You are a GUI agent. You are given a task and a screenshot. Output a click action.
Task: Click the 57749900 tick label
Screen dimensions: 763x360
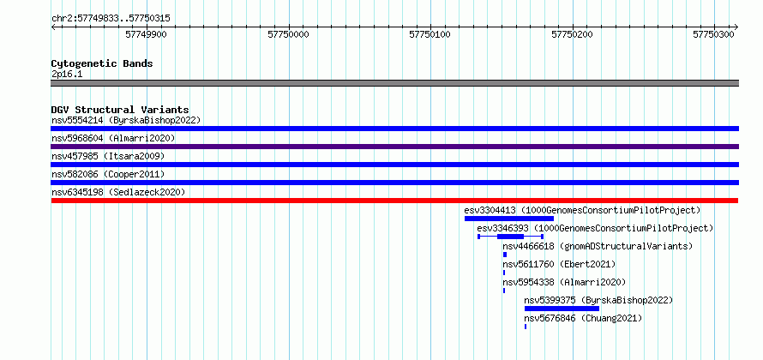click(x=146, y=34)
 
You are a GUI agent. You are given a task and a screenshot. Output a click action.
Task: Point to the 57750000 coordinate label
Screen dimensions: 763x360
click(x=288, y=34)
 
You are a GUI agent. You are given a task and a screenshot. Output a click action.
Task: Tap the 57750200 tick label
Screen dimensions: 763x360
click(x=572, y=34)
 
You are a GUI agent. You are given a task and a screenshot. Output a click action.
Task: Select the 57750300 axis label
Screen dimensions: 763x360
click(x=713, y=34)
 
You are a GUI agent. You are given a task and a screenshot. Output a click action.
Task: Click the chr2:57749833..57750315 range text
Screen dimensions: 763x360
click(x=111, y=19)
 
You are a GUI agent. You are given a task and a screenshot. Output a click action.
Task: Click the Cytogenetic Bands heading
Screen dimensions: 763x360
click(x=102, y=63)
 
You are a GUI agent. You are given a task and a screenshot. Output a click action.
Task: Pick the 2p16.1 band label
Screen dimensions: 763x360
click(x=67, y=75)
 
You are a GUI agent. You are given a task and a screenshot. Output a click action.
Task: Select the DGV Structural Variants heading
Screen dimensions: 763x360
click(x=120, y=110)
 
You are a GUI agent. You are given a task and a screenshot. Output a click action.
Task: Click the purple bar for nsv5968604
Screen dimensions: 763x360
click(x=395, y=147)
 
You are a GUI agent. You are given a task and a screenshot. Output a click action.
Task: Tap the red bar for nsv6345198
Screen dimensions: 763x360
click(x=394, y=201)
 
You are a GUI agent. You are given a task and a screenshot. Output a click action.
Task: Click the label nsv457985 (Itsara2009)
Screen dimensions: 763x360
click(x=108, y=156)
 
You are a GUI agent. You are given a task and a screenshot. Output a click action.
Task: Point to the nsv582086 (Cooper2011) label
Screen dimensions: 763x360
click(x=108, y=174)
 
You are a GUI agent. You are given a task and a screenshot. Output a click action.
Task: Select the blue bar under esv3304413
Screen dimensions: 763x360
click(x=509, y=219)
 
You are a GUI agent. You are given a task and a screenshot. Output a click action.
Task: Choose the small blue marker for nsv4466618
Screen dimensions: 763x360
click(x=505, y=255)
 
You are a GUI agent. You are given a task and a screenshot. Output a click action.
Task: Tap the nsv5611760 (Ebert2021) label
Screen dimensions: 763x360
click(x=559, y=264)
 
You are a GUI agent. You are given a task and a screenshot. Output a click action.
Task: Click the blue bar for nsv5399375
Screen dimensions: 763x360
click(x=562, y=309)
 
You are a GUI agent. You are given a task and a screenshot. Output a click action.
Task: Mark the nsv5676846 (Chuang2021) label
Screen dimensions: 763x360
click(x=583, y=318)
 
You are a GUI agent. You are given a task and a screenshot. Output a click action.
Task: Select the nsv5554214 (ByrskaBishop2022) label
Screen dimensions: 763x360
click(x=126, y=120)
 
